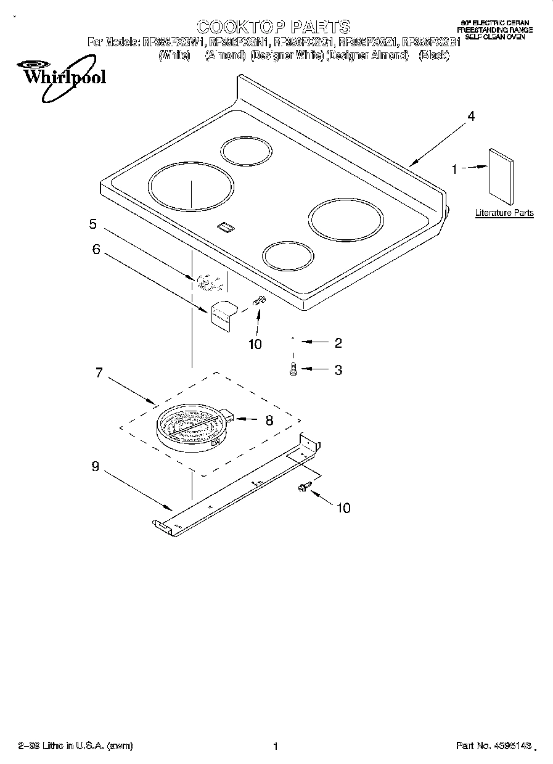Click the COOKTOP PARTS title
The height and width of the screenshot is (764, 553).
(273, 27)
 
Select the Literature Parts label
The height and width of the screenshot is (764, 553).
(504, 213)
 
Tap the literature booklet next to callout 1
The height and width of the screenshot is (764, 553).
(501, 176)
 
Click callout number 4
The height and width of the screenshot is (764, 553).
(471, 116)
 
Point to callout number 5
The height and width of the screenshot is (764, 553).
(93, 224)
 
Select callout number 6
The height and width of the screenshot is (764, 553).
(96, 249)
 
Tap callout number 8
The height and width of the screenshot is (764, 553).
(269, 420)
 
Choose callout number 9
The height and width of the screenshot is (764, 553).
(95, 467)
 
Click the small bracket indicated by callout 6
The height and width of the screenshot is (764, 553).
(223, 313)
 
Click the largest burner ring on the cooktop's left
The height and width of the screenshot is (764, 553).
(192, 185)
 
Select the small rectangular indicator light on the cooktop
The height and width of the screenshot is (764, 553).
(226, 228)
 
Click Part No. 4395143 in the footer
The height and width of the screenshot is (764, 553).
(493, 746)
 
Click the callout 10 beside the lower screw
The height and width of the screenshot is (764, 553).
(343, 507)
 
